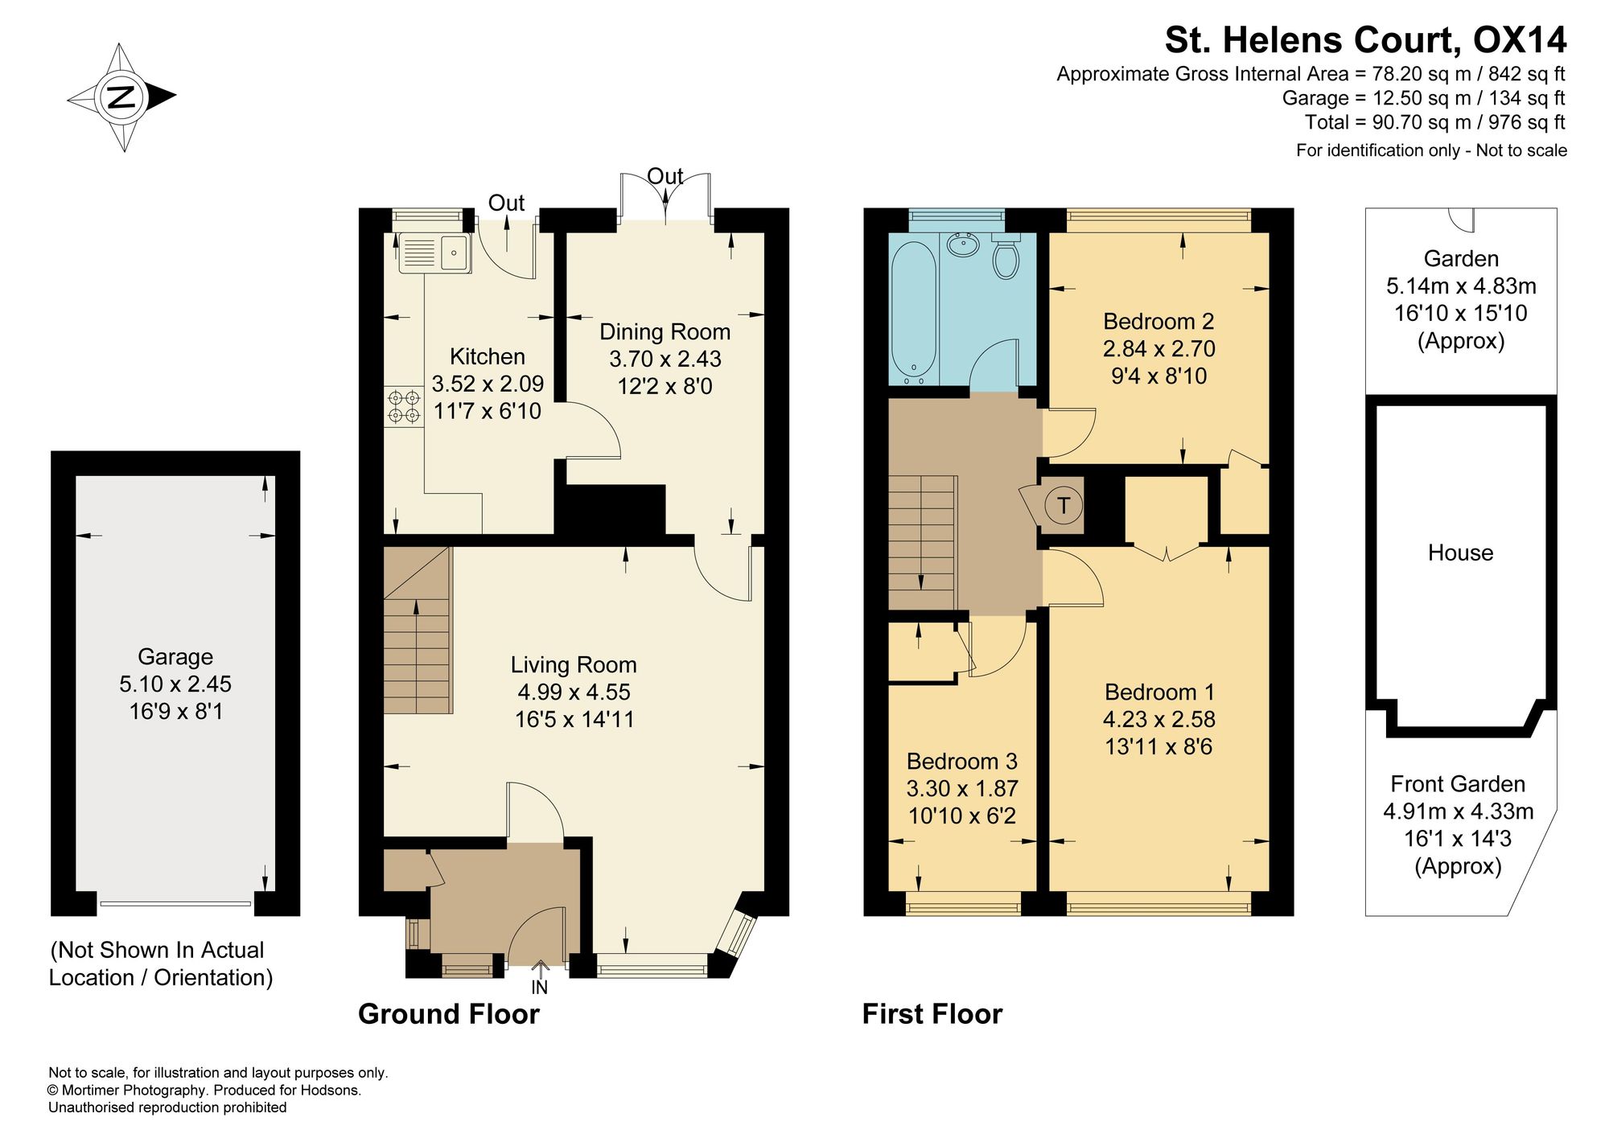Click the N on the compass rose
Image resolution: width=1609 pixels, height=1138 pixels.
tap(121, 97)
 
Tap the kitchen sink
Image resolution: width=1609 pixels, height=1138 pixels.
tap(434, 253)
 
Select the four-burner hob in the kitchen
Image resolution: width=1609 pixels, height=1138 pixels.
tap(404, 406)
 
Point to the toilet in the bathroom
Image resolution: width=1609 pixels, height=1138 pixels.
tap(1006, 257)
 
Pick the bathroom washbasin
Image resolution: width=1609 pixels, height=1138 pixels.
tap(963, 244)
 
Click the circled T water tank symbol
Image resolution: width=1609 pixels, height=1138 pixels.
tap(1064, 505)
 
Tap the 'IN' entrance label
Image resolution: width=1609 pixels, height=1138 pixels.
tap(539, 987)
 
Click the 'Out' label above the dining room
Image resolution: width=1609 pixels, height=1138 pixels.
tap(665, 176)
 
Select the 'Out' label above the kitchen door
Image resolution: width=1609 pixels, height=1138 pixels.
tap(506, 203)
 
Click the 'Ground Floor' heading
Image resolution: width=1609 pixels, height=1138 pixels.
tap(448, 1014)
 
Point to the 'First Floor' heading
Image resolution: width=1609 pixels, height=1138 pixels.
tap(932, 1014)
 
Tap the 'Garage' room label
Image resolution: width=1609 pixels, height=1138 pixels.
tap(175, 657)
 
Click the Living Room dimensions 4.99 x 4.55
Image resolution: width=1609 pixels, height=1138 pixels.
tap(574, 692)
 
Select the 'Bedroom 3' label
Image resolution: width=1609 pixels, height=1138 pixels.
tap(962, 761)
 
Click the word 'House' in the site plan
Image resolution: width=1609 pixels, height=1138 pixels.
tap(1460, 553)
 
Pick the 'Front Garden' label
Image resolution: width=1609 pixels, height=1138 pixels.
tap(1458, 784)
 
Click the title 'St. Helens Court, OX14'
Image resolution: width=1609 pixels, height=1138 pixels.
tap(1366, 39)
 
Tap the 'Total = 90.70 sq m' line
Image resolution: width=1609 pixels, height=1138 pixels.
tap(1435, 122)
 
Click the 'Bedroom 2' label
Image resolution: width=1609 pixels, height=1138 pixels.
tap(1158, 322)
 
